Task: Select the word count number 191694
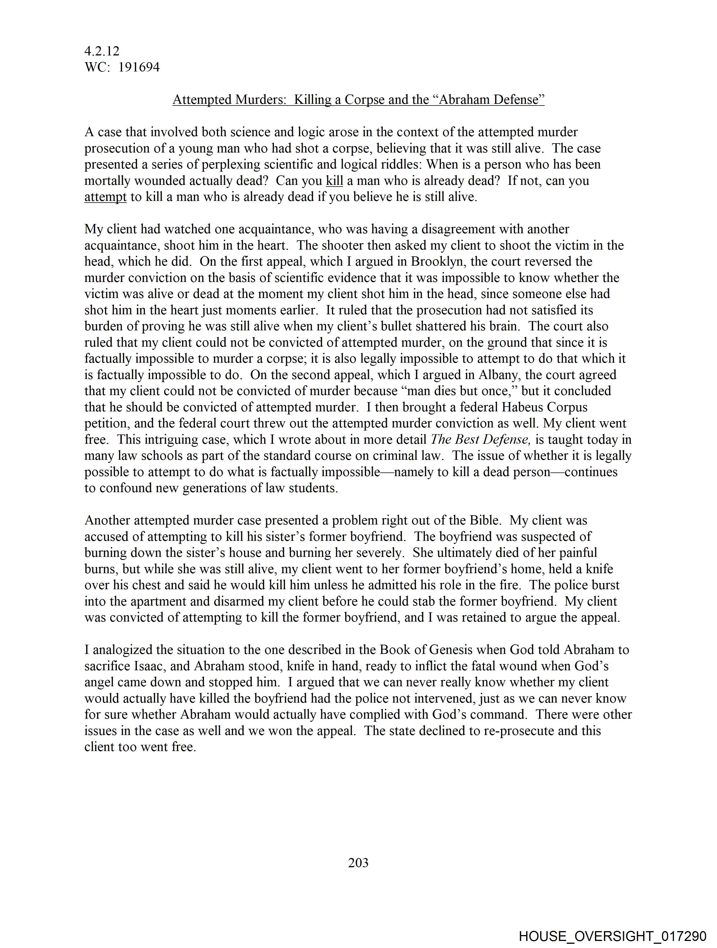point(139,67)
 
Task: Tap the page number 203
point(358,862)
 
